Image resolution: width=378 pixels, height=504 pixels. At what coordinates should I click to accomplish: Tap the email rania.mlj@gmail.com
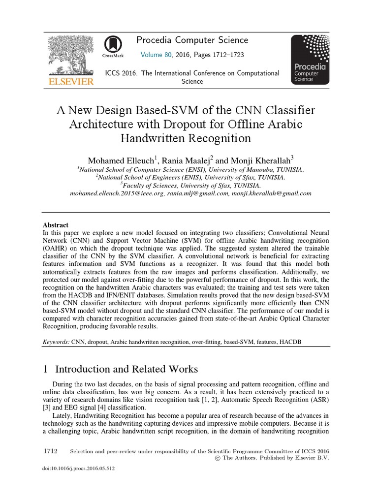click(x=196, y=193)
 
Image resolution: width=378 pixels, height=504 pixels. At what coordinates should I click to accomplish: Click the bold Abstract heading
click(x=56, y=224)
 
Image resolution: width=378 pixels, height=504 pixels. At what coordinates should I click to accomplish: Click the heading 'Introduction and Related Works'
click(x=126, y=369)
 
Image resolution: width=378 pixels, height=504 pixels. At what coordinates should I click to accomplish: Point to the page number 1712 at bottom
click(x=51, y=451)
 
